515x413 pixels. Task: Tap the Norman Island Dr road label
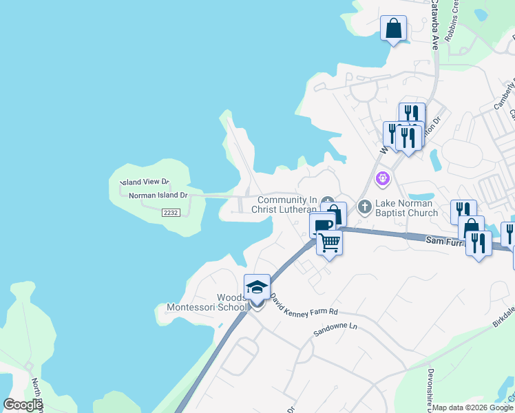coord(158,195)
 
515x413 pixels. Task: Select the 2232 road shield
coord(171,213)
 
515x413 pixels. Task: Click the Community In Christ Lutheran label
coord(286,204)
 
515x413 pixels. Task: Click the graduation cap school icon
coord(257,286)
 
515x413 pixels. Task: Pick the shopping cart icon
coord(330,242)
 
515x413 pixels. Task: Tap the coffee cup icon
coord(322,225)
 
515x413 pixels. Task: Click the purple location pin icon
coord(383,179)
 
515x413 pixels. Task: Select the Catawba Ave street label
coord(434,25)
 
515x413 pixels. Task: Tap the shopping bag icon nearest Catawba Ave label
coord(394,28)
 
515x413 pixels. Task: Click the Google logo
coord(23,405)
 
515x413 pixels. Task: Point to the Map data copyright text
coord(473,407)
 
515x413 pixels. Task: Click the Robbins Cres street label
coord(452,21)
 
